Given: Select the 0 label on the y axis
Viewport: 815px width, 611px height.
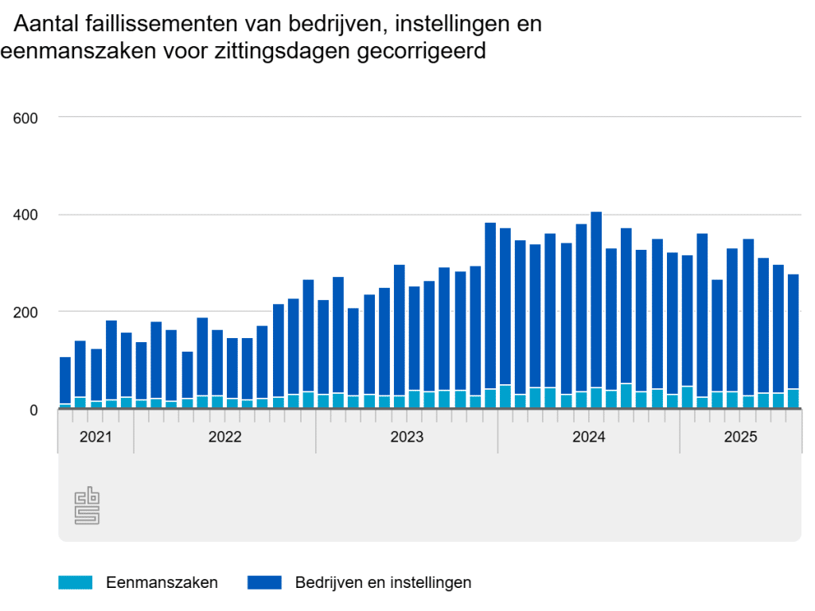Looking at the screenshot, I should [33, 410].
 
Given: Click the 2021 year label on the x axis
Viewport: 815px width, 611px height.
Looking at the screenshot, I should [96, 437].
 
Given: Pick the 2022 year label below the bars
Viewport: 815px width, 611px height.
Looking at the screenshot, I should [224, 437].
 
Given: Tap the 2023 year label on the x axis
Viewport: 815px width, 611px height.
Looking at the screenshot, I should [407, 437].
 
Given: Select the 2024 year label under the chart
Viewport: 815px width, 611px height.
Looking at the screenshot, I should [589, 437].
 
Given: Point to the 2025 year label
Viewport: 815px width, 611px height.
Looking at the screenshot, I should [740, 437].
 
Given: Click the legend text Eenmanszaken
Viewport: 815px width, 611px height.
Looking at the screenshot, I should [162, 582].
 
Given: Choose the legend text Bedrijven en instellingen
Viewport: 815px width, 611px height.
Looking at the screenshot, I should [383, 582].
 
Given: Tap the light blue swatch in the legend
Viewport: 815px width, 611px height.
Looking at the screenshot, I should [76, 582].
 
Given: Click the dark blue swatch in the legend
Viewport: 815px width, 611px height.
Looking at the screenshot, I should [264, 582].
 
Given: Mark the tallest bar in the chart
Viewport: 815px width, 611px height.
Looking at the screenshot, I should [596, 310].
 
